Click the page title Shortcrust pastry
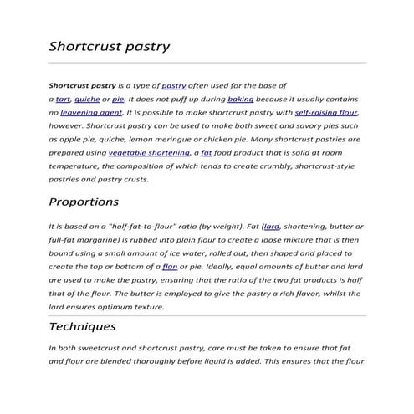point(110,46)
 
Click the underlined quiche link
point(87,99)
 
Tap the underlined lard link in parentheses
point(271,227)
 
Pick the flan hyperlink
point(170,266)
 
